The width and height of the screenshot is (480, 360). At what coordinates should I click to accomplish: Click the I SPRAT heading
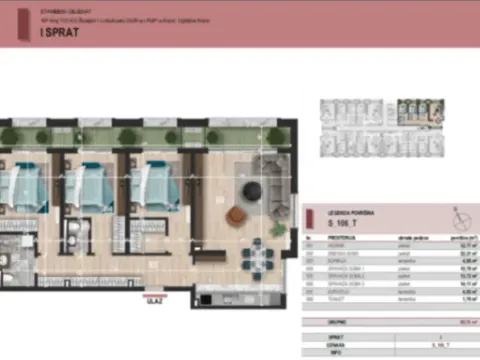(59, 32)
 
